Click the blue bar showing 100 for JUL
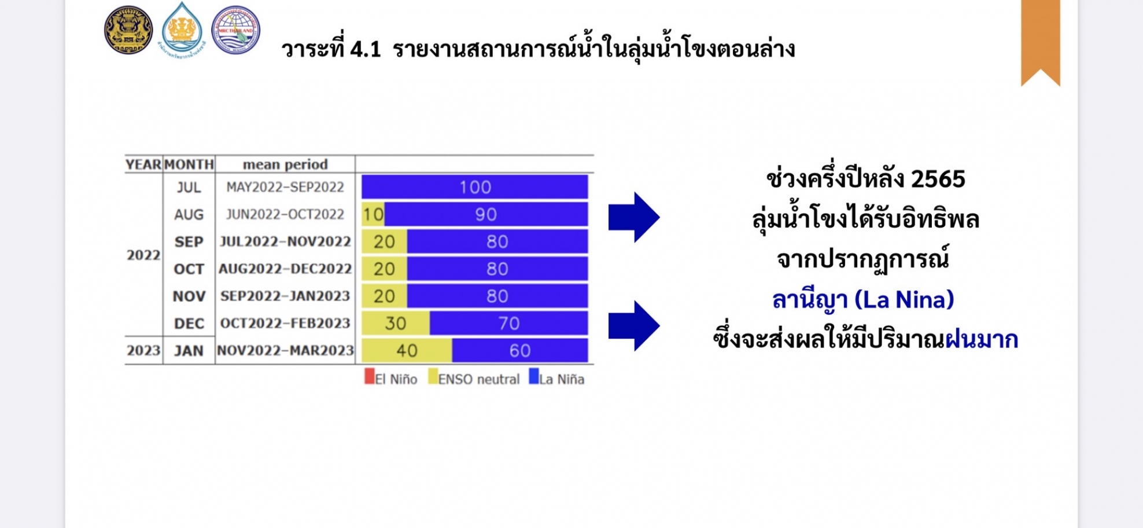(474, 187)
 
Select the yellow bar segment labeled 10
(373, 214)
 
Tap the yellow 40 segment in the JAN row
(407, 350)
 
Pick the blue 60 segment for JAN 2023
(520, 350)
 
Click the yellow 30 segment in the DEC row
(396, 323)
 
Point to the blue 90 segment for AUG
(486, 214)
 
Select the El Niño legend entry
(391, 377)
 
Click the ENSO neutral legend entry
(474, 377)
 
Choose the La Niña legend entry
(556, 377)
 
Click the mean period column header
(285, 164)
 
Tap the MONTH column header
(189, 164)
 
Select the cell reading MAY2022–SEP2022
(285, 187)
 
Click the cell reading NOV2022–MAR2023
(285, 350)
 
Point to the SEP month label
(189, 241)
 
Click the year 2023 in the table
(143, 350)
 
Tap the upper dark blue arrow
(634, 217)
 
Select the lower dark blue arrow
(634, 326)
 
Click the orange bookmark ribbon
(1041, 41)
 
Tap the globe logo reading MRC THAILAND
(235, 30)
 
